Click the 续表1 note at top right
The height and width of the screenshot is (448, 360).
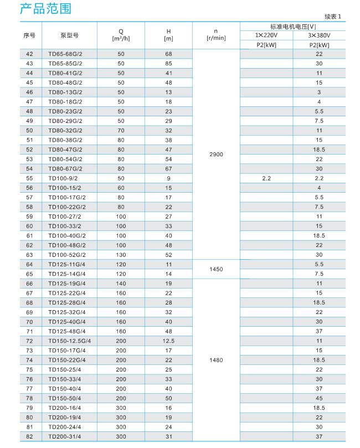(x=334, y=17)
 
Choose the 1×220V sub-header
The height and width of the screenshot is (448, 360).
(x=266, y=35)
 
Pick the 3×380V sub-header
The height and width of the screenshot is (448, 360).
(x=319, y=35)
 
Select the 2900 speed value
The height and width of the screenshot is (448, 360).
(x=217, y=155)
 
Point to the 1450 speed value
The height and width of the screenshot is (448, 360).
(x=217, y=269)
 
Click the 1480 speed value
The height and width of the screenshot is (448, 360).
(x=217, y=360)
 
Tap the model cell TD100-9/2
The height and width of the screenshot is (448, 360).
(x=63, y=178)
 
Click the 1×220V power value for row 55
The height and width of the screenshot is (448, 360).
(x=266, y=178)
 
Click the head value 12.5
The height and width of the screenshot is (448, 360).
(x=168, y=341)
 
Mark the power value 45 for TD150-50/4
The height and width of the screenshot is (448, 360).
(x=319, y=399)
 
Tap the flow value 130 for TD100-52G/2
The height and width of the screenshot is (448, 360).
(x=121, y=255)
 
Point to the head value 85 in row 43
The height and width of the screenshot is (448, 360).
(x=168, y=63)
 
